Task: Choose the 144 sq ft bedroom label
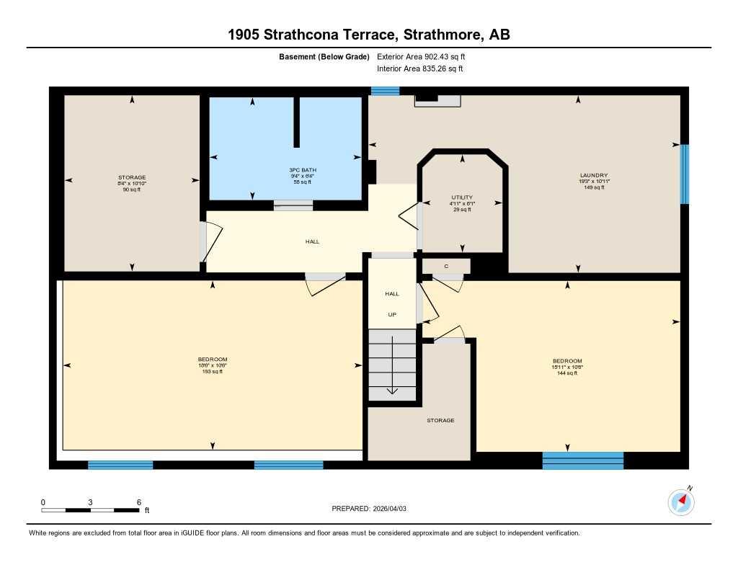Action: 567,367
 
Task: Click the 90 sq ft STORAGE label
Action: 132,183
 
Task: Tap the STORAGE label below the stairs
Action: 440,420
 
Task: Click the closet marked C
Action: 446,267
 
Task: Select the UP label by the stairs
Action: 392,314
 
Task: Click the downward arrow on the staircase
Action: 392,389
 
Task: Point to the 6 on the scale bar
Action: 138,502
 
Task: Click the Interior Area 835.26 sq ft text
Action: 419,69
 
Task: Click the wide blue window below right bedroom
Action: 582,460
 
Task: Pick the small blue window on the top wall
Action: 385,91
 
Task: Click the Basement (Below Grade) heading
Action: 324,56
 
